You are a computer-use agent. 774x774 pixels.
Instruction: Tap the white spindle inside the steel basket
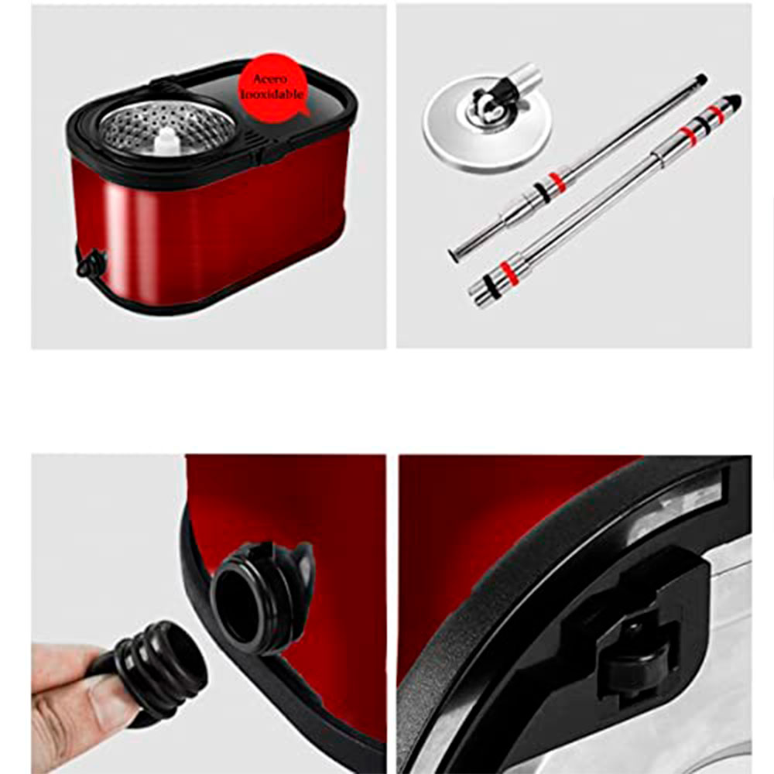(x=167, y=141)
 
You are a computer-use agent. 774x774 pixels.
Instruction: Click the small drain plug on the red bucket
(x=91, y=262)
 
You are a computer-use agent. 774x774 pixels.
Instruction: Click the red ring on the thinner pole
(x=557, y=182)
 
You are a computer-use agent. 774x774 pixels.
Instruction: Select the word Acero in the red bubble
(x=269, y=79)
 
